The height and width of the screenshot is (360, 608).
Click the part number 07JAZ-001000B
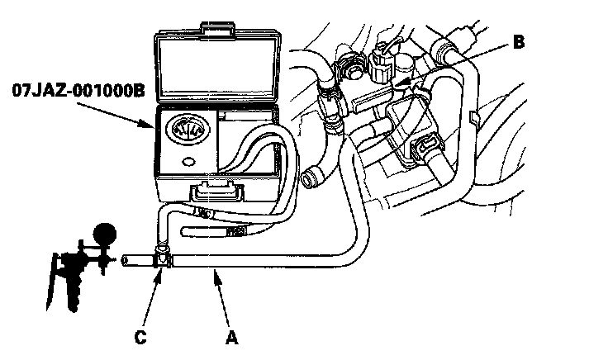pyautogui.click(x=78, y=91)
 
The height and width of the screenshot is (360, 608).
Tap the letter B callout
pyautogui.click(x=519, y=42)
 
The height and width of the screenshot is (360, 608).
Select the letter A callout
pyautogui.click(x=231, y=338)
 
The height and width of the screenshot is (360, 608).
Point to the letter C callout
pyautogui.click(x=140, y=338)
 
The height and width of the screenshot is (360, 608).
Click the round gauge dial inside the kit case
pyautogui.click(x=188, y=130)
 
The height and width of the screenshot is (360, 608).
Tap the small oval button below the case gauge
pyautogui.click(x=189, y=161)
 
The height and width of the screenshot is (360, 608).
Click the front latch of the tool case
pyautogui.click(x=216, y=192)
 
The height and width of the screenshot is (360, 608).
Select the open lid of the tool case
pyautogui.click(x=218, y=67)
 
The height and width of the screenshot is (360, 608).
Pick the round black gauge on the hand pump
pyautogui.click(x=105, y=234)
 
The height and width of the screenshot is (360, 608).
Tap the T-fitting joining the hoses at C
pyautogui.click(x=163, y=256)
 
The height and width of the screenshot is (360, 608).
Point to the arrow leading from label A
pyautogui.click(x=222, y=300)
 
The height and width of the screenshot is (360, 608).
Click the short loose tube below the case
pyautogui.click(x=213, y=232)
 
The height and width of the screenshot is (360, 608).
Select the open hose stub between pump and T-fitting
pyautogui.click(x=138, y=260)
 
